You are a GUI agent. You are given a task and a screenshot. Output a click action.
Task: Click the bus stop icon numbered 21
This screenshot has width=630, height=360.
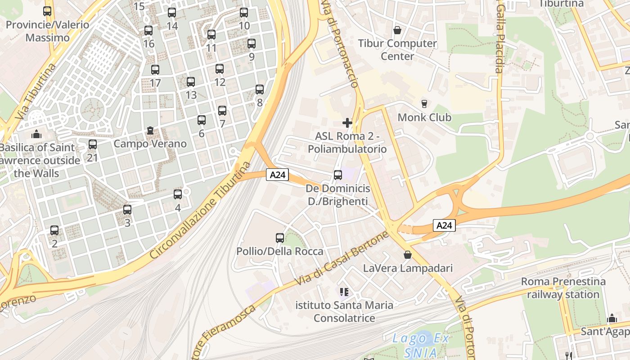coord(93,144)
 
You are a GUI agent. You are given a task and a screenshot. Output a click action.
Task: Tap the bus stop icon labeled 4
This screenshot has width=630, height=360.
coord(178,194)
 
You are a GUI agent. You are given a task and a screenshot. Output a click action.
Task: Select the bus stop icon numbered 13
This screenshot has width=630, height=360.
coord(191,82)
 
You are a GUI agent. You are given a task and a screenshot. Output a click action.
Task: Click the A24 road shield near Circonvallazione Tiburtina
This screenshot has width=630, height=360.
coord(277,175)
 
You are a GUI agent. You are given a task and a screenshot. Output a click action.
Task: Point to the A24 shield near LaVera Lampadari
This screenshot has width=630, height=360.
coord(445,225)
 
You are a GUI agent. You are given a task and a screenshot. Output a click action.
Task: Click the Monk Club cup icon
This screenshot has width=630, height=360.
coord(424,104)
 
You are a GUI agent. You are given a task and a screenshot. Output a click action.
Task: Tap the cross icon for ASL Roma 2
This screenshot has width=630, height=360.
coord(347,122)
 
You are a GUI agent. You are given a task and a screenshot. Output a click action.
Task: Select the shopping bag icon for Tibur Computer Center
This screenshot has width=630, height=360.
coord(397,30)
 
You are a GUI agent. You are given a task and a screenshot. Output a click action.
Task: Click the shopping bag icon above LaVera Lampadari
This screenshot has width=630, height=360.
coord(408,255)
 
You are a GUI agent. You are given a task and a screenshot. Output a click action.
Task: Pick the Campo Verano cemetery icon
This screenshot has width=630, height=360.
coord(150,130)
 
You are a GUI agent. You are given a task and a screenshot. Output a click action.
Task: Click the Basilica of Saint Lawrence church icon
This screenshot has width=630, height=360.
coord(36,134)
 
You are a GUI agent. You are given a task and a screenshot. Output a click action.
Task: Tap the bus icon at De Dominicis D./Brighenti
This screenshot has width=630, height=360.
coord(338,175)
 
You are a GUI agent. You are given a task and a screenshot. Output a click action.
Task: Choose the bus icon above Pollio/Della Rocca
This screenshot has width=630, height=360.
coord(280,238)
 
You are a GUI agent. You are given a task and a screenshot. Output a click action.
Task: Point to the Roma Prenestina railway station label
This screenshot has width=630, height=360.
coord(563,288)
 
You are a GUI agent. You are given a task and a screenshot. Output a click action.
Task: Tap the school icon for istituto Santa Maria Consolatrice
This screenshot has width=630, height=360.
coord(344,292)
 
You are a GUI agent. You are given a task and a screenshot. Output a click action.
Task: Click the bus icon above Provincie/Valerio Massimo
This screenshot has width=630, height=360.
coord(47,11)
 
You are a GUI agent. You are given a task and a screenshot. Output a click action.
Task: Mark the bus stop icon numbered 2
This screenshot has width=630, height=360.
coord(54,230)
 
